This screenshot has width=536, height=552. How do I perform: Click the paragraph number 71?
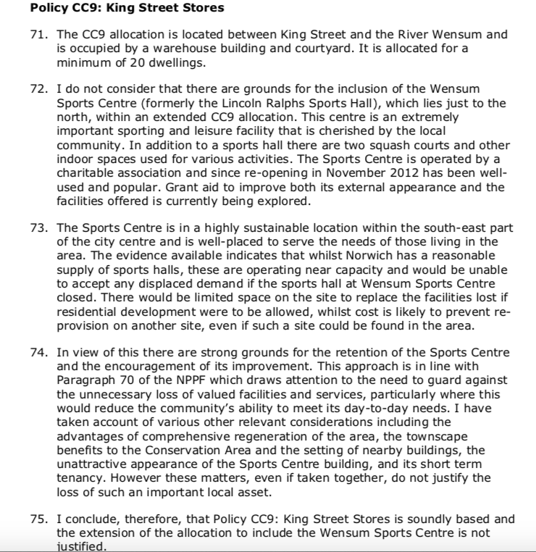40,34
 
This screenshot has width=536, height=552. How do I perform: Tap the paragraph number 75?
40,518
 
